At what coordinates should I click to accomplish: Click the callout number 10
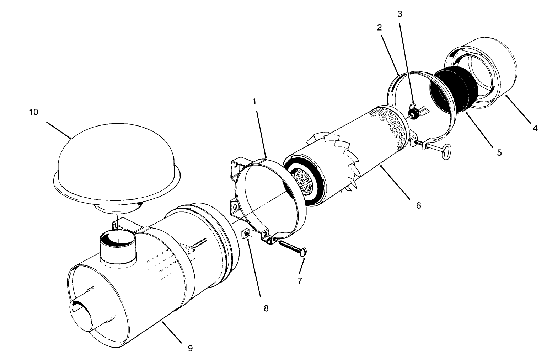(33, 112)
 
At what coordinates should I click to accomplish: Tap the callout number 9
(190, 348)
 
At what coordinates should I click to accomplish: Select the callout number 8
(266, 308)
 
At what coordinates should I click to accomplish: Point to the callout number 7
(300, 280)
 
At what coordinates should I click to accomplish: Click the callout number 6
(418, 205)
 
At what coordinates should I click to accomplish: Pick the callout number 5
(499, 152)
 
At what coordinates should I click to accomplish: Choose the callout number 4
(535, 128)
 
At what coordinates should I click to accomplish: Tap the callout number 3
(399, 14)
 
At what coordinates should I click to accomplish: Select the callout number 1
(254, 102)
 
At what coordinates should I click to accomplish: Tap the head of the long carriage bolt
(304, 253)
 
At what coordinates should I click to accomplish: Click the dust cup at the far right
(483, 71)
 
